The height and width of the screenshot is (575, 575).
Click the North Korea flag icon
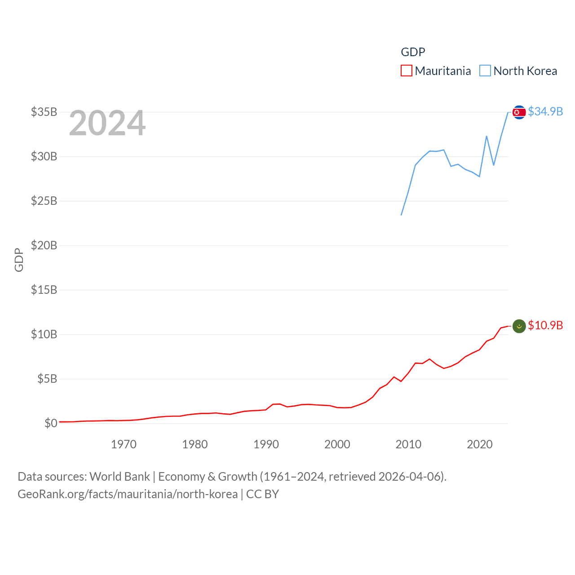coord(519,112)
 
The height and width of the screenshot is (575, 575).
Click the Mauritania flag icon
coord(519,326)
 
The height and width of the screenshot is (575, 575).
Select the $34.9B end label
coord(545,111)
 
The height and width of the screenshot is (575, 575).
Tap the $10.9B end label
coord(545,325)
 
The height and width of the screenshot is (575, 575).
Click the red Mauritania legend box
coord(406,71)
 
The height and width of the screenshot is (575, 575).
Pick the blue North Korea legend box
coord(485,71)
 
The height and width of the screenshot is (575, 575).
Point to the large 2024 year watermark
coord(107,123)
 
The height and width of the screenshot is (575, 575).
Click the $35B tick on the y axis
coord(44,112)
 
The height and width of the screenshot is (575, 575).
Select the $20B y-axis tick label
coord(44,245)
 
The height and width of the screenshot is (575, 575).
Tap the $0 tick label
coord(51,423)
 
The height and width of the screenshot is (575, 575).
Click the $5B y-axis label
coord(47,379)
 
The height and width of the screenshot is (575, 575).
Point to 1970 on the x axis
coord(124,444)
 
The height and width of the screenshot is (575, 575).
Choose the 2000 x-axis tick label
coord(337,444)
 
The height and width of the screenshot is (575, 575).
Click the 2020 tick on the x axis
coord(480,444)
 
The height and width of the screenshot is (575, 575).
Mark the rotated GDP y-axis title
coord(19,260)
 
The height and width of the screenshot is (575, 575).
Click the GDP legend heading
coord(413,52)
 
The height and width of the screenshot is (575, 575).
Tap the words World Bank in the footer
coord(120,477)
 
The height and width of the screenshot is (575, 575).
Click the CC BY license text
coord(263,494)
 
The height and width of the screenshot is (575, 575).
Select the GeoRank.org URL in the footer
coord(128,494)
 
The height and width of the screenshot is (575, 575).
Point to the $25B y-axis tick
coord(44,201)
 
